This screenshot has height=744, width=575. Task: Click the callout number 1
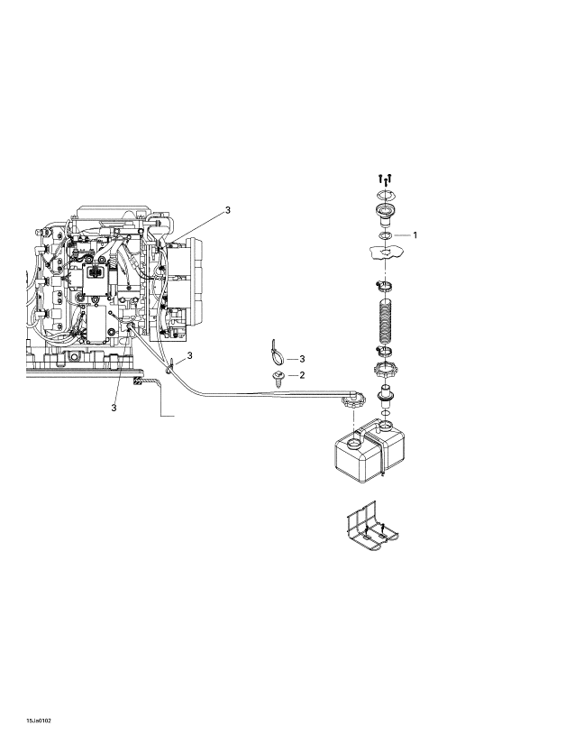pos(415,234)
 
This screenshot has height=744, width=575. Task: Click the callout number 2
pos(302,375)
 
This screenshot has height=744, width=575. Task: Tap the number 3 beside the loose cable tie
pos(302,359)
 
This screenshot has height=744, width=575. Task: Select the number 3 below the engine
pos(114,408)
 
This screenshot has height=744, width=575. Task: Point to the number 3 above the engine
pos(227,210)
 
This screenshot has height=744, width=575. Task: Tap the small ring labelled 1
pos(385,235)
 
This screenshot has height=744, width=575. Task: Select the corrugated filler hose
pos(385,321)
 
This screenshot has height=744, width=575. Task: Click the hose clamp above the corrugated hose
pos(385,286)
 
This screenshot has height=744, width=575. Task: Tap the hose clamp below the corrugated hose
pos(385,351)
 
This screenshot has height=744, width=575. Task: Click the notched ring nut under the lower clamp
pos(385,369)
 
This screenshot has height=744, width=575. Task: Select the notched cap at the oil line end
pos(352,404)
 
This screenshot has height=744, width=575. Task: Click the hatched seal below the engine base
pos(138,381)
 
